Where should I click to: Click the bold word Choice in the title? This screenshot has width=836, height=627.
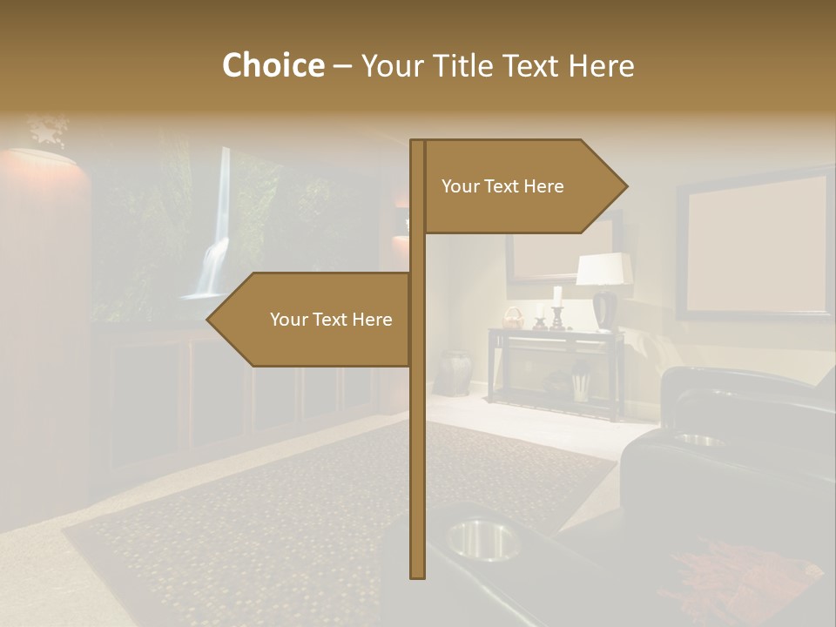(273, 65)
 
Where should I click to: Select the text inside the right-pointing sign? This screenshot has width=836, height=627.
(502, 186)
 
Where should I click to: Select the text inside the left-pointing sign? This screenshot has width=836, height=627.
(331, 320)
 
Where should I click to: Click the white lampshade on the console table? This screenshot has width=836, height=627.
(603, 269)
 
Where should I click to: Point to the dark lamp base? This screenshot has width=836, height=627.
(605, 309)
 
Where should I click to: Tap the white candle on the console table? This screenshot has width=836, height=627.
(557, 296)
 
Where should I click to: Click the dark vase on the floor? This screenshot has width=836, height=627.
(455, 372)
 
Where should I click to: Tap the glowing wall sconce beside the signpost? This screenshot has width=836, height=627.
(401, 218)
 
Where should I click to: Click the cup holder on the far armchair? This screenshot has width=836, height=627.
(702, 441)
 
